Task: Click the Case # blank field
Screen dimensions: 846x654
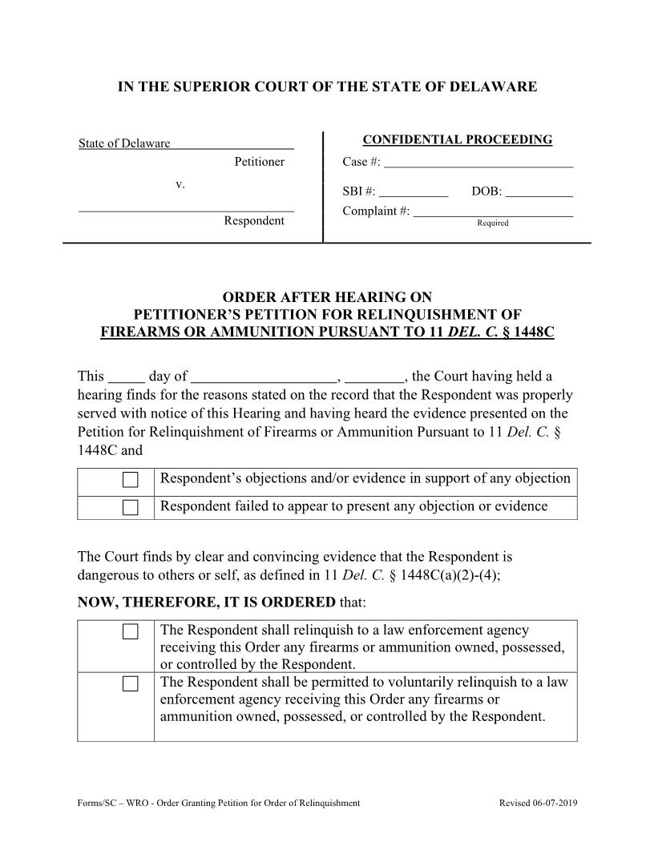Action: [x=478, y=162]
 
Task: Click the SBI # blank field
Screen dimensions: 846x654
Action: [x=413, y=192]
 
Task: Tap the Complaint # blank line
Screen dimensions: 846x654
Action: [x=493, y=211]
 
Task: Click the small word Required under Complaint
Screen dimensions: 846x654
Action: [x=493, y=224]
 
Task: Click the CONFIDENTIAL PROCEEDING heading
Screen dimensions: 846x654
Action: [x=458, y=140]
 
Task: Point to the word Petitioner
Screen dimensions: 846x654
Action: [x=259, y=162]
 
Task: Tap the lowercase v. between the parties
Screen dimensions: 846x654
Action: [x=180, y=184]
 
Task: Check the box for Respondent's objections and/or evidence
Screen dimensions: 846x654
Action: [x=131, y=481]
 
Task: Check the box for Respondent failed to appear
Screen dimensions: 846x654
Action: [x=131, y=507]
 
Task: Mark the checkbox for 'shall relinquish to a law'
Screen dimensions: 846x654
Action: [x=131, y=632]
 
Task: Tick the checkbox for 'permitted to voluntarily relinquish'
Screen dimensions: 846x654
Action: [x=131, y=684]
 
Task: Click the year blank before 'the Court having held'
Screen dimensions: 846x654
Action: [x=376, y=377]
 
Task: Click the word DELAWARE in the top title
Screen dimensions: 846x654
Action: [x=493, y=87]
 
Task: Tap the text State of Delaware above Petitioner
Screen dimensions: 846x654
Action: [x=124, y=143]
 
